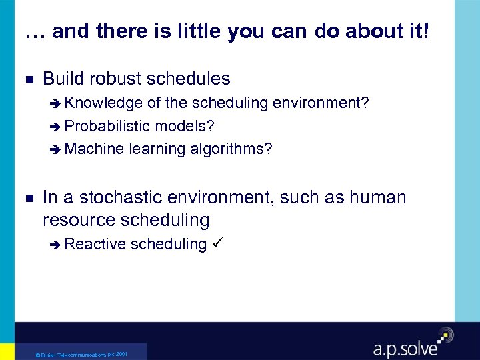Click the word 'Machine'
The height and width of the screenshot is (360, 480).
(95, 149)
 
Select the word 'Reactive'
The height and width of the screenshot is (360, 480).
(96, 244)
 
